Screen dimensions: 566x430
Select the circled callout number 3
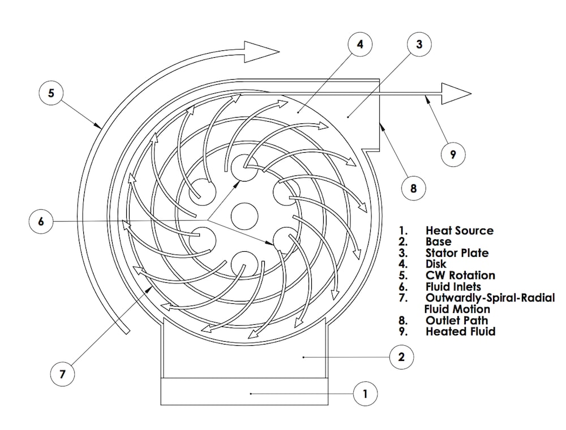click(419, 45)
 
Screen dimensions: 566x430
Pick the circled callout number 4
click(360, 45)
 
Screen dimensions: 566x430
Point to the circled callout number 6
click(41, 221)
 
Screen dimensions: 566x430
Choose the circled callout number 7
click(62, 374)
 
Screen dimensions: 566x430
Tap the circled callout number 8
click(413, 187)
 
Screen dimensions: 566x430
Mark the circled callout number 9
click(453, 153)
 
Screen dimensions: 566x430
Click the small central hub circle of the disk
click(245, 215)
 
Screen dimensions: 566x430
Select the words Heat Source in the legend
click(459, 231)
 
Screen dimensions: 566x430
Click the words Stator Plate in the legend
click(457, 253)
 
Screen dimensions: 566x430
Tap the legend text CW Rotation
click(460, 276)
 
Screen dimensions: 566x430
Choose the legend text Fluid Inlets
click(453, 287)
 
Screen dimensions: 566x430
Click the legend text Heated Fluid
click(460, 332)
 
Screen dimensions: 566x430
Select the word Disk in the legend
click(436, 264)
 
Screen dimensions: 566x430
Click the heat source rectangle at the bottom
click(245, 392)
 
